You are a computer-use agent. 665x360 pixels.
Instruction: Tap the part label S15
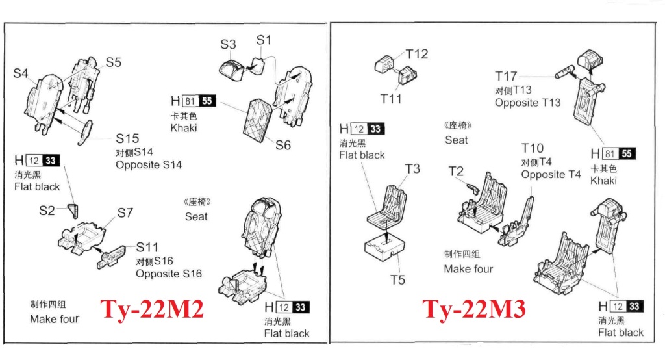click(x=127, y=138)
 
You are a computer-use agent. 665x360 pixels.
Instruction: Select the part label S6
click(x=282, y=146)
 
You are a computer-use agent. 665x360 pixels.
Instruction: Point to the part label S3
click(x=228, y=44)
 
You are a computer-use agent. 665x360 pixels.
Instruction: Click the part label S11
click(x=147, y=247)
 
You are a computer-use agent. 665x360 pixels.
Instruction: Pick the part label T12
click(x=418, y=54)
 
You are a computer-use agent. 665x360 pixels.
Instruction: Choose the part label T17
click(x=506, y=77)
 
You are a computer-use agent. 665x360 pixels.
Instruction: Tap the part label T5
click(x=397, y=279)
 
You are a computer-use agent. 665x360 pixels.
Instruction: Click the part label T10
click(x=533, y=149)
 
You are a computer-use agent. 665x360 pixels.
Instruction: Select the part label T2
click(x=456, y=172)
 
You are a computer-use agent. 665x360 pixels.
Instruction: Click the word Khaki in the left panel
click(x=184, y=128)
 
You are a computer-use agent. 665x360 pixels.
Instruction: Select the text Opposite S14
click(x=149, y=164)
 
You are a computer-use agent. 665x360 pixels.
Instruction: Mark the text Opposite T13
click(x=527, y=103)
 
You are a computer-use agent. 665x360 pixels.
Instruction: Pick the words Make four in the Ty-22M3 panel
click(x=468, y=268)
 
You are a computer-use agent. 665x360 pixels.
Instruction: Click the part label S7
click(x=125, y=212)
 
